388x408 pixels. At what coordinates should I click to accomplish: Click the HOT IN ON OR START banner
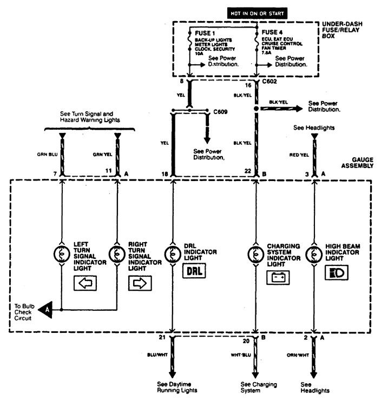[x=252, y=11]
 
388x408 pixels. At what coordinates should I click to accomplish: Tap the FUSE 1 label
[x=205, y=34]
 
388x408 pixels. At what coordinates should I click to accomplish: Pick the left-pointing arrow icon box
[x=84, y=282]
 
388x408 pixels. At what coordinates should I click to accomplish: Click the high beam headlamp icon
[x=336, y=273]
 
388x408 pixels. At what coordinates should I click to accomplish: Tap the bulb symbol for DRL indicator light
[x=173, y=253]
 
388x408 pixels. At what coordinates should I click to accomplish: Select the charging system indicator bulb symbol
[x=255, y=253]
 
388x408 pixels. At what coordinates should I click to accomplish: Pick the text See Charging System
[x=255, y=387]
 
